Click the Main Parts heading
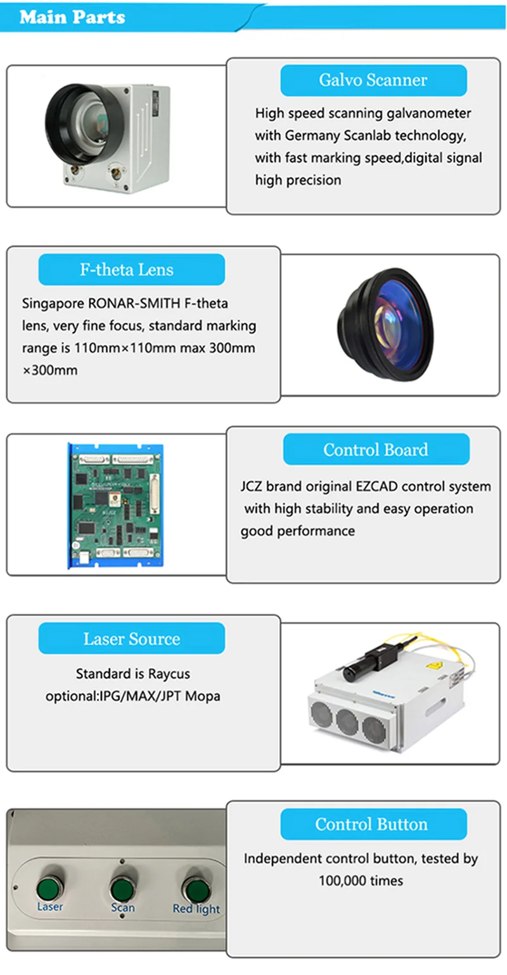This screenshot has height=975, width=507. (72, 16)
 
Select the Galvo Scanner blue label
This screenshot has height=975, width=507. (373, 80)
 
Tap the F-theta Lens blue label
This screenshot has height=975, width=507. (131, 270)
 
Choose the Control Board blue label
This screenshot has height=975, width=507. (376, 450)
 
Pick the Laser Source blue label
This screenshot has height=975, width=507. (131, 639)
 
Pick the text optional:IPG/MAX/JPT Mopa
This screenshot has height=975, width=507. (132, 696)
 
